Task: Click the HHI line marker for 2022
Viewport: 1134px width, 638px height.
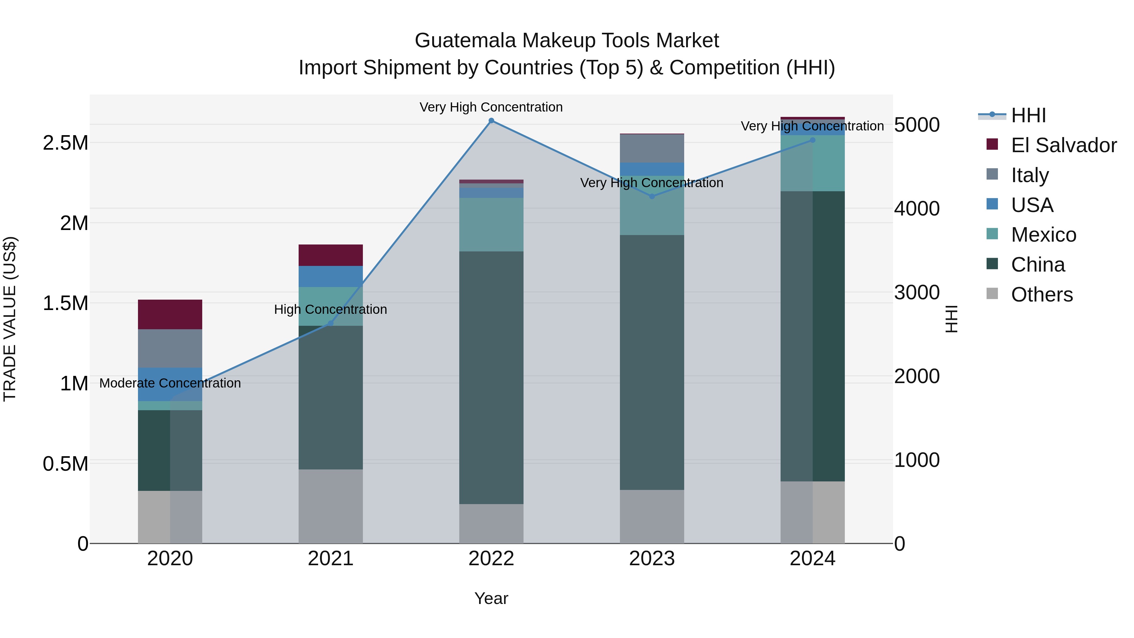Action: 491,121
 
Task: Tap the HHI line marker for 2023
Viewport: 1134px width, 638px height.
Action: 652,196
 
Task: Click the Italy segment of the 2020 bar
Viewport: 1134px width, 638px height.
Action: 170,348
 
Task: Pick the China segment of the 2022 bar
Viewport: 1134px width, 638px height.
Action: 491,377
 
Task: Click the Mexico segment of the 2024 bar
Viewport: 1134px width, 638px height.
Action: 813,163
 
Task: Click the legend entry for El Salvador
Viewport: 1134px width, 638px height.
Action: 1063,145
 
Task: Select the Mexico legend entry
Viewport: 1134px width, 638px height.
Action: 1043,235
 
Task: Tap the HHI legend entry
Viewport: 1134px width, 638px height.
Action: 1028,115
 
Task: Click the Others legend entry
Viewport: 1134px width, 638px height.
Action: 1042,295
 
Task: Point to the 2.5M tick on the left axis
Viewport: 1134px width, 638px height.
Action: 66,143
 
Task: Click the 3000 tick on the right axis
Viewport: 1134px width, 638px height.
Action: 917,292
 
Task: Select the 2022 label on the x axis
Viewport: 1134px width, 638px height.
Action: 491,559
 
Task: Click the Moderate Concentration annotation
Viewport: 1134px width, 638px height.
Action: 170,383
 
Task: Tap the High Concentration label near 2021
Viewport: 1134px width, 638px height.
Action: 331,309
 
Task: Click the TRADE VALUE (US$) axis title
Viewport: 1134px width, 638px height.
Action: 10,319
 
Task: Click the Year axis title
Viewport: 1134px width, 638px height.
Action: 491,598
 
